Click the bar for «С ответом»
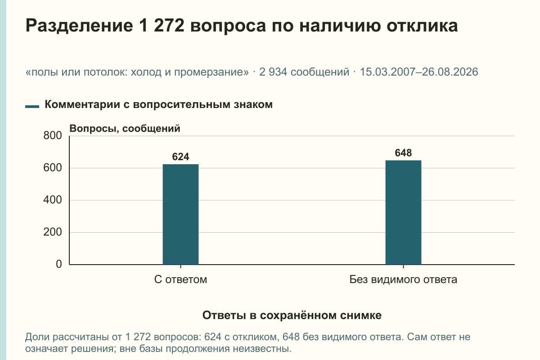(180, 214)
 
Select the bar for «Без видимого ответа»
(403, 212)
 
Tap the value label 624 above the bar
(180, 157)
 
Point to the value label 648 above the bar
(403, 153)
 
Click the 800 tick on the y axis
(53, 135)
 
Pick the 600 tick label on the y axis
(53, 168)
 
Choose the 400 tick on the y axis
(53, 200)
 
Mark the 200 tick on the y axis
(53, 232)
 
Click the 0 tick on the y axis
(59, 264)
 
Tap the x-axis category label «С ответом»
(180, 280)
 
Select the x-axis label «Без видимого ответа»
(403, 280)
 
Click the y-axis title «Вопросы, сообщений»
(125, 129)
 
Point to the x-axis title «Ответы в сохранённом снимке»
(292, 315)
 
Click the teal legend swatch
(32, 107)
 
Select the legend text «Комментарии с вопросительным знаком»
(158, 105)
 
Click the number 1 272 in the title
(161, 26)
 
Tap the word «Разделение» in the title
(79, 26)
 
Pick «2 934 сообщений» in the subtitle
(304, 72)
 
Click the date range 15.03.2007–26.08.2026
(419, 72)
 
